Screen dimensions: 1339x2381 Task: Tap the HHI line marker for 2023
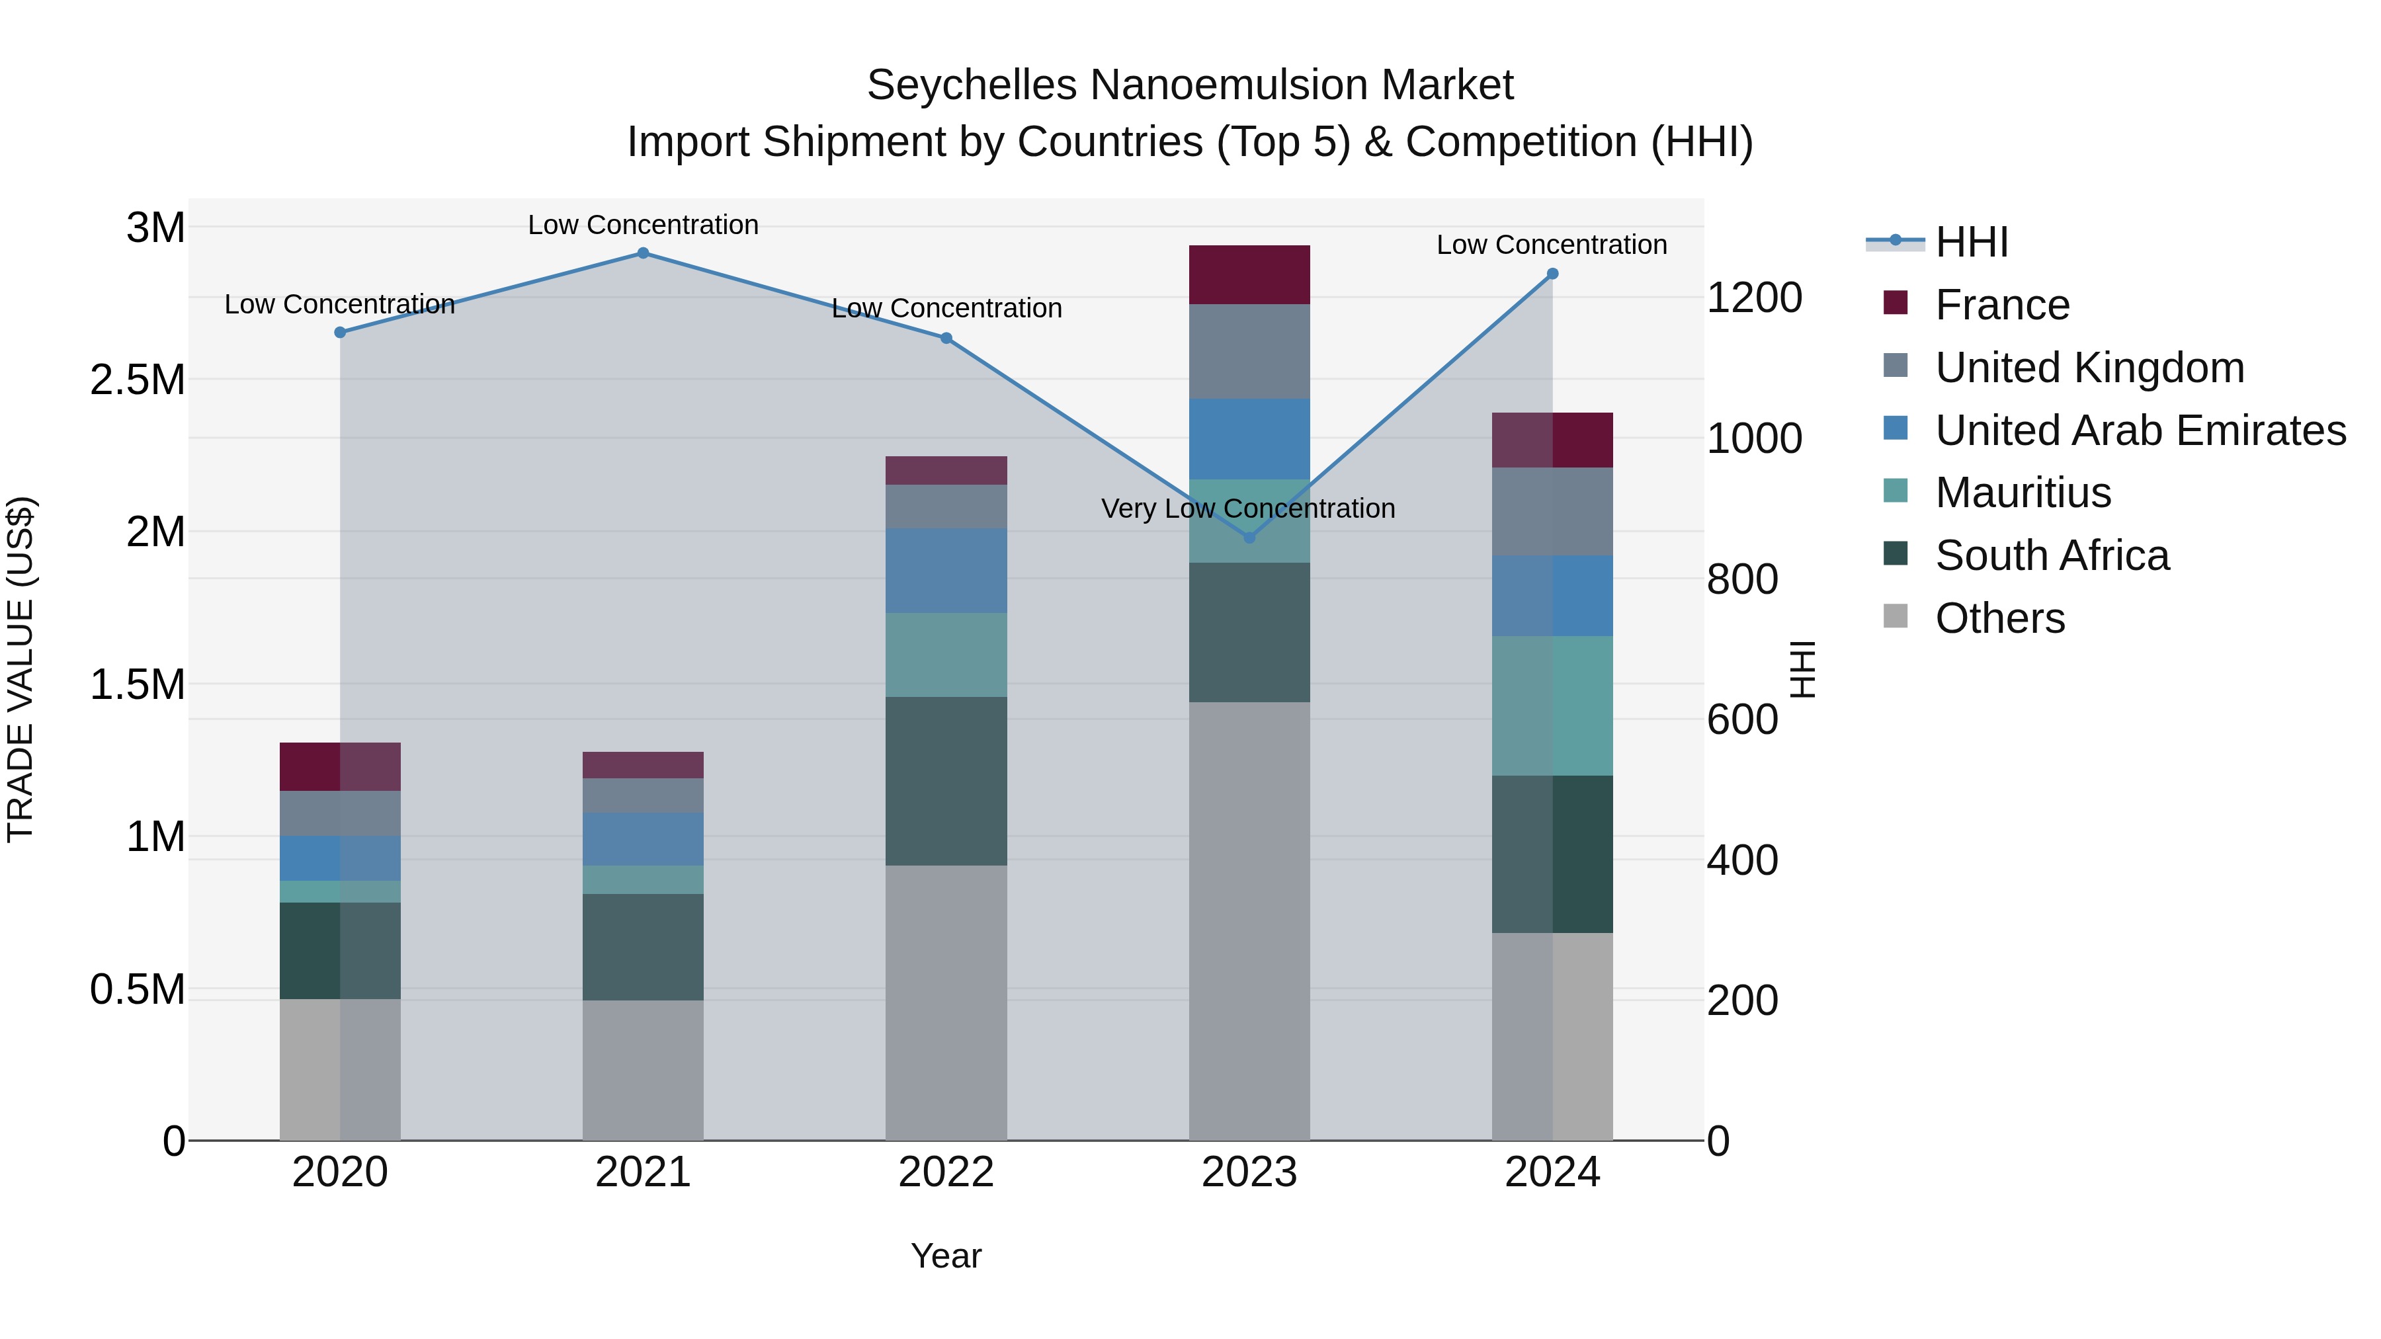(x=1249, y=538)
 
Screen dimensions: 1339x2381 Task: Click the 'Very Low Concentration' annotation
(x=1248, y=508)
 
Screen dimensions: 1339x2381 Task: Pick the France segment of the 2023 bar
(x=1249, y=274)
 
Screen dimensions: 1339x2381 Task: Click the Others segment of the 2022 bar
(x=946, y=1002)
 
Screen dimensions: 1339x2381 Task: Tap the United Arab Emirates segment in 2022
(x=946, y=571)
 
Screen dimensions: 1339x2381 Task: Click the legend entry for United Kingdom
(x=2089, y=368)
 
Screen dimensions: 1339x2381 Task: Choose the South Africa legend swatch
(x=1896, y=555)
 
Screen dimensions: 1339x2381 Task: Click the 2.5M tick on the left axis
(x=137, y=380)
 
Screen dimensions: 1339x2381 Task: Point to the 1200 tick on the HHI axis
(x=1753, y=298)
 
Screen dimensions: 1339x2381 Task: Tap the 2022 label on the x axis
(x=946, y=1172)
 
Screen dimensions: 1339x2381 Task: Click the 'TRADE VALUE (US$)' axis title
(x=21, y=669)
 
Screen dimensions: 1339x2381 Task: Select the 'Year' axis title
(x=946, y=1256)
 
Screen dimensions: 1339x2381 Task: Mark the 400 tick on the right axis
(x=1741, y=860)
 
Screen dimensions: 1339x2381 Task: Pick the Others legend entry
(x=1999, y=618)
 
